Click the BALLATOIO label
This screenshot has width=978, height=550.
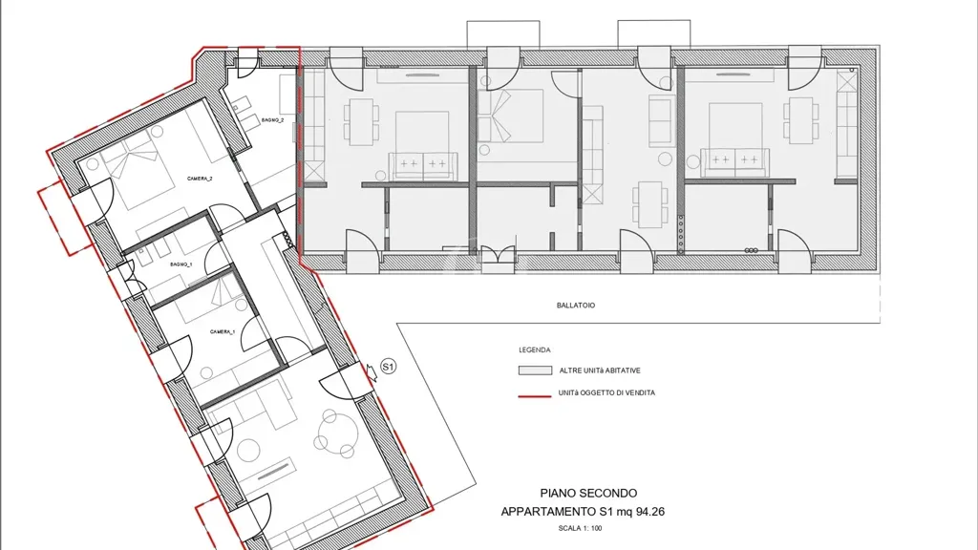coord(576,306)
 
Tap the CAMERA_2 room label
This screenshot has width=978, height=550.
coord(200,179)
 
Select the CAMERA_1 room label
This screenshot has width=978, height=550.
coord(222,331)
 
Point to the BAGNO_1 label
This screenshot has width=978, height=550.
coord(181,264)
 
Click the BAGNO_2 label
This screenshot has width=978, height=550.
coord(272,119)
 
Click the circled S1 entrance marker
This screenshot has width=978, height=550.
coord(388,367)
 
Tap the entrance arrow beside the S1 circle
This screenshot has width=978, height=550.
coord(372,372)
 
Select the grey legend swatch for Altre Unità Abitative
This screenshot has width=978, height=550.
coord(535,370)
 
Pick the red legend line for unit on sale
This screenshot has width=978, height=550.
coord(535,395)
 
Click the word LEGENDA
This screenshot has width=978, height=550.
coord(535,350)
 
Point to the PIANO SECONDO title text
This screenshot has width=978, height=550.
coord(588,494)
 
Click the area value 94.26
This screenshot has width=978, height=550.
coord(649,512)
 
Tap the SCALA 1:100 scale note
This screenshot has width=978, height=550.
coord(580,528)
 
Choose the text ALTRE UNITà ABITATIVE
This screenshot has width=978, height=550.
coord(600,370)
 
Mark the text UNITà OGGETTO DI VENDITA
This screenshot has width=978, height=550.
coord(606,392)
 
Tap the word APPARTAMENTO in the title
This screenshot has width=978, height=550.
coord(548,512)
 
